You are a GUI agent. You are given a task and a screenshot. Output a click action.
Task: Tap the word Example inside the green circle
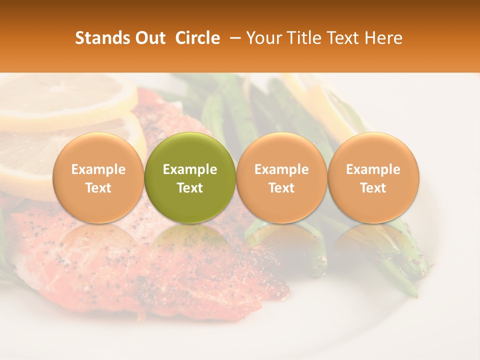point(190,169)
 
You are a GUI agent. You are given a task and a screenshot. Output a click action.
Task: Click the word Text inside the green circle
point(190,188)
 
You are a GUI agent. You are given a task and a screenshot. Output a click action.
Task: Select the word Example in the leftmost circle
point(98,169)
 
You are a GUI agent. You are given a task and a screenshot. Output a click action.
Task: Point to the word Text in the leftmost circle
point(98,188)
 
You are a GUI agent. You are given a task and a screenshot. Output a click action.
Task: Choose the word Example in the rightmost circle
point(373,169)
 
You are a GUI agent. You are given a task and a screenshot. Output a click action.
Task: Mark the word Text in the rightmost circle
point(373,188)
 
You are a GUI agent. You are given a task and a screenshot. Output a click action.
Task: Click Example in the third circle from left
point(281,169)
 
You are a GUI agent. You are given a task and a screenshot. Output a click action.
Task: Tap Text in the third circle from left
point(281,188)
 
